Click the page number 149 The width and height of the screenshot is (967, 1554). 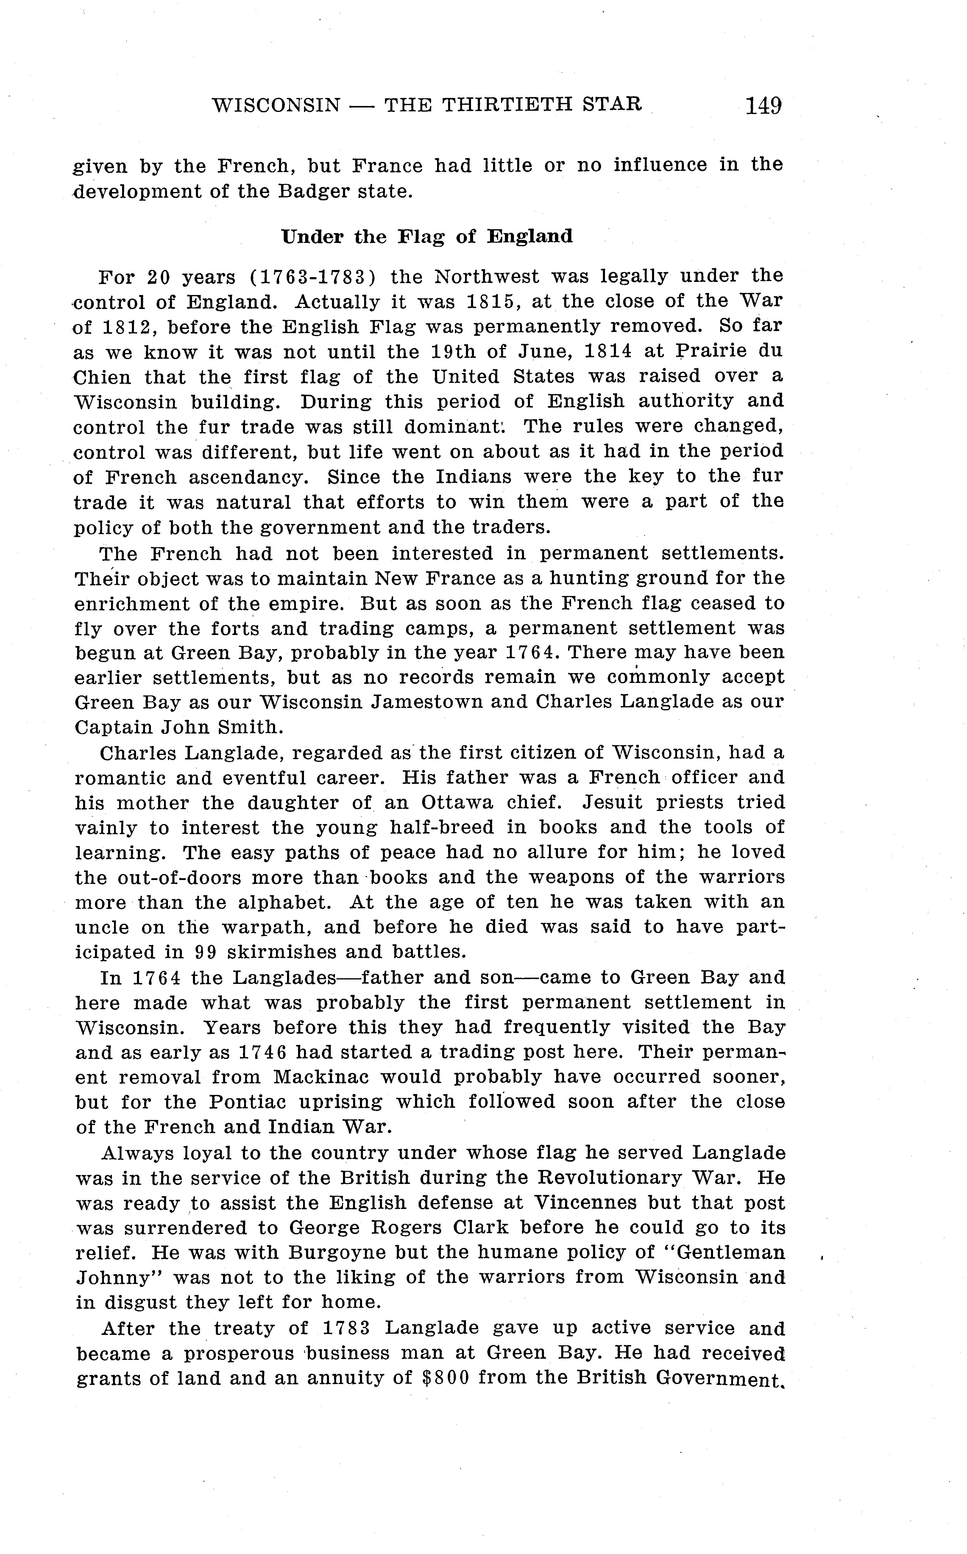pyautogui.click(x=763, y=105)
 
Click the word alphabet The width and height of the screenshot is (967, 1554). pyautogui.click(x=283, y=902)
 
